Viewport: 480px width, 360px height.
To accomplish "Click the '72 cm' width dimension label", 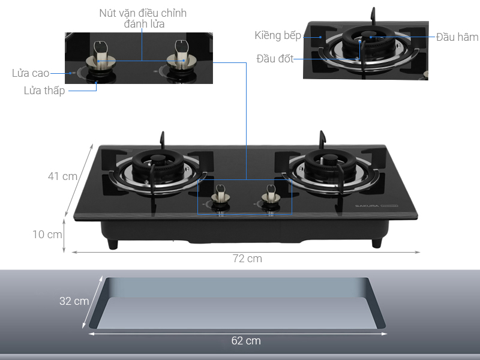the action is coord(247,259).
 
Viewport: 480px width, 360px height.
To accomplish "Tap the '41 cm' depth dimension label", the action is coord(62,176).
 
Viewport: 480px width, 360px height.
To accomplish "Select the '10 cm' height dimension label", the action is coord(47,235).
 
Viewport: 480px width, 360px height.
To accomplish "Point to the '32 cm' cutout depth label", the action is coord(74,301).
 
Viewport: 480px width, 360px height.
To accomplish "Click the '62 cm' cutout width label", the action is coord(246,341).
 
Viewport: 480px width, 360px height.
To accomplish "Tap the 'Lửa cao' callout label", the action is coord(31,73).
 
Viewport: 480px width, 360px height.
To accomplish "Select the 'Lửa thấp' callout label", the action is coord(44,91).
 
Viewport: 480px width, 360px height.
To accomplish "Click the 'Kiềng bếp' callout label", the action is coord(278,35).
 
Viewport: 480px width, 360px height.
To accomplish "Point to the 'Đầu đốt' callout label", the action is coord(275,58).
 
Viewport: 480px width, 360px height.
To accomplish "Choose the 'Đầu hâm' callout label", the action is coord(457,37).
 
